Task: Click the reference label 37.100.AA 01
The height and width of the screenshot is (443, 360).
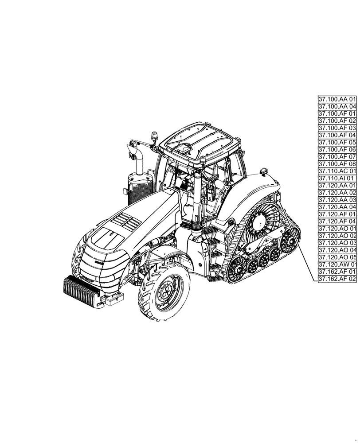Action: click(337, 99)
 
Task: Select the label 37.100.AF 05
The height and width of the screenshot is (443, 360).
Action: click(337, 142)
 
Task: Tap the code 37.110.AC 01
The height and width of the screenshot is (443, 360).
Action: click(337, 171)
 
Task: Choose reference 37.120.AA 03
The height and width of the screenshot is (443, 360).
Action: click(337, 200)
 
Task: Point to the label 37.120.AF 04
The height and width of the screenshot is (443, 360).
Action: click(337, 221)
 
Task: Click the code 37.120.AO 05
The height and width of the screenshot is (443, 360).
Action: click(337, 257)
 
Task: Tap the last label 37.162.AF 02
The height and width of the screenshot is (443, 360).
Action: click(337, 279)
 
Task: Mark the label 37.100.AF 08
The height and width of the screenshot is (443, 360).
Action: click(337, 163)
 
